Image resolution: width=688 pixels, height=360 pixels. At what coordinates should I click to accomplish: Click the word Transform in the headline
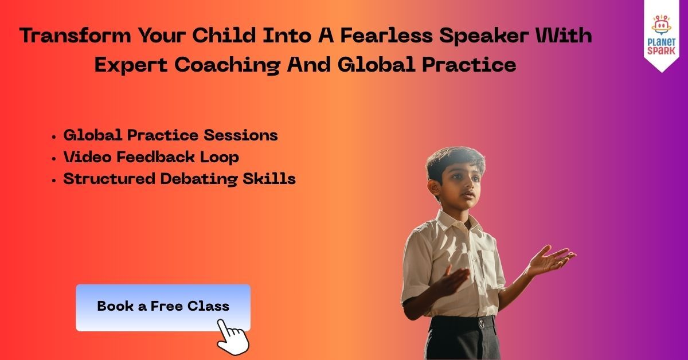(75, 36)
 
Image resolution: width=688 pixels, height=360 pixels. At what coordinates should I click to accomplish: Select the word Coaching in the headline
(228, 65)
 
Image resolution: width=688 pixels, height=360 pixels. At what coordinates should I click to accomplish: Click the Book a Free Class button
(163, 307)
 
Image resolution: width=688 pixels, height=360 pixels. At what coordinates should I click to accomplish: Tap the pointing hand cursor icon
(233, 337)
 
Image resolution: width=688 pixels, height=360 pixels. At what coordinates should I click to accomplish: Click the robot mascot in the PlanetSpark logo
(661, 25)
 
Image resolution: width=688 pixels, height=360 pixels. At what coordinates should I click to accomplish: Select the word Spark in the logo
(661, 50)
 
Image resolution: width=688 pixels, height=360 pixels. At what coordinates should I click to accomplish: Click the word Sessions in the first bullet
(241, 135)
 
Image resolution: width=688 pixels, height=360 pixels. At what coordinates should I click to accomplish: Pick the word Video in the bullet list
(87, 157)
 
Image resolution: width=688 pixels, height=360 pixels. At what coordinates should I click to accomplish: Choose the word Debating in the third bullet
(199, 179)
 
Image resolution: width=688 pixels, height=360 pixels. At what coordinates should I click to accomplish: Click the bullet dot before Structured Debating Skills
(54, 181)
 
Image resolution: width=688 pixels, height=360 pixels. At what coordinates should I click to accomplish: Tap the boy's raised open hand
(552, 260)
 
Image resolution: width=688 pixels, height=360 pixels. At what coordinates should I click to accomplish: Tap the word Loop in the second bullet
(219, 158)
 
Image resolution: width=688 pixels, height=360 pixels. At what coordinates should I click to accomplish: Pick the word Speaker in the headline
(484, 36)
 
